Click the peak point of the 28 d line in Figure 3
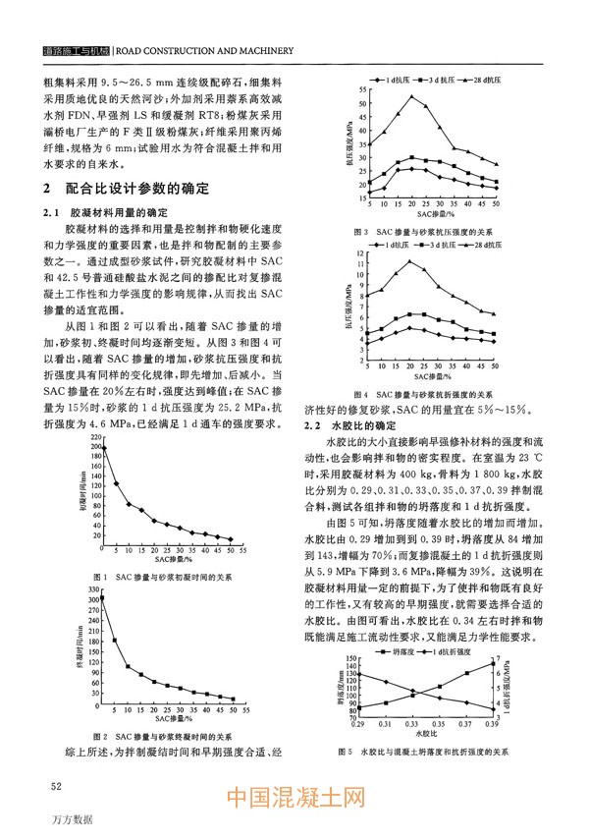(x=412, y=96)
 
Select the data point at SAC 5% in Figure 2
(x=116, y=642)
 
